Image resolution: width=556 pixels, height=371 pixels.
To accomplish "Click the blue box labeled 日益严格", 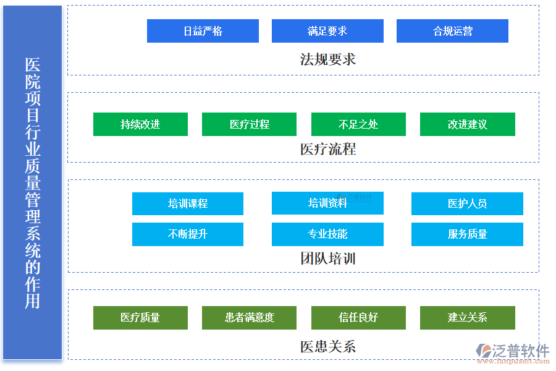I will coord(203,31).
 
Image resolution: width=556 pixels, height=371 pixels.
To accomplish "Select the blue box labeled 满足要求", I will coord(327,31).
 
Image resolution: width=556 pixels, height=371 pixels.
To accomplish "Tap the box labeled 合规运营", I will coord(452,31).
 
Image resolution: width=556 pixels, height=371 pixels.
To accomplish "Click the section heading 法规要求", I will coord(327,59).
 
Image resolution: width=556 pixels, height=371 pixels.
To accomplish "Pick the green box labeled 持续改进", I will coord(140,124).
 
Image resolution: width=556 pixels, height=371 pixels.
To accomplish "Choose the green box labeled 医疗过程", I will coord(249,124).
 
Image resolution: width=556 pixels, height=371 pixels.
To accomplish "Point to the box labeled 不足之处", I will coord(358,124).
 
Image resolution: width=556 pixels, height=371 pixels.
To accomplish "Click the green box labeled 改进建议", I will coord(467,124).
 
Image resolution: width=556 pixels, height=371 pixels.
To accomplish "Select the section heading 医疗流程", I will coord(327,149).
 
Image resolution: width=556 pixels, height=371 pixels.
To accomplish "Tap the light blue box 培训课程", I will coord(188,203).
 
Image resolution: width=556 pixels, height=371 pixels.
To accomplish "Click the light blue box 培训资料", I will coord(327,203).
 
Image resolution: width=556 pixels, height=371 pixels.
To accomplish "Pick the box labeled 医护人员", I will coord(467,203).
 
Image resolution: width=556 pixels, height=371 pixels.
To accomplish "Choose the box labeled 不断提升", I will coord(188,234).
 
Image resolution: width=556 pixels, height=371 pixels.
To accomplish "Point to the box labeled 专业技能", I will coord(327,234).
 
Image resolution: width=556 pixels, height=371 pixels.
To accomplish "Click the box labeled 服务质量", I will coord(467,234).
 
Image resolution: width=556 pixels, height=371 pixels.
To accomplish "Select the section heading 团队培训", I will coord(327,258).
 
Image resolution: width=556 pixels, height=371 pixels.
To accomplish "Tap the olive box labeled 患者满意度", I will coord(249,318).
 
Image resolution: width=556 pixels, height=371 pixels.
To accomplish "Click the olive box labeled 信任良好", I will coord(358,318).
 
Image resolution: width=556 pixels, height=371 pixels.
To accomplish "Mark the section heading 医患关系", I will coord(327,346).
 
